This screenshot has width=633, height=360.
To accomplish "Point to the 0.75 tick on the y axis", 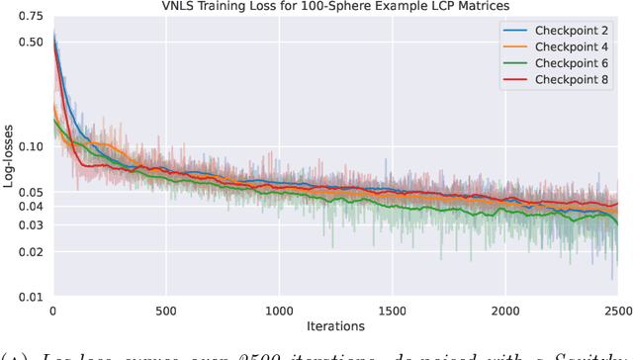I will tap(30, 17).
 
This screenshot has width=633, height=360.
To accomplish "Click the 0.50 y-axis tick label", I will tap(30, 43).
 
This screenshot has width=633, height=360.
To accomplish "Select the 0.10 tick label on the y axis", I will tap(30, 147).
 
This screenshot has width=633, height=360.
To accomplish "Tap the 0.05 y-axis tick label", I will tap(30, 192).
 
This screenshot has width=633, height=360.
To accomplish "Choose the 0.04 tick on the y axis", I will tap(30, 207).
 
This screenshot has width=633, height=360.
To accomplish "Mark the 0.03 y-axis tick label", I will tap(30, 225).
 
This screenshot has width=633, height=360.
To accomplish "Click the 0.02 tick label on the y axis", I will tap(30, 251).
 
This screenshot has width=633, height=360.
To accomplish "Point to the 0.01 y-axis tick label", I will tap(30, 297).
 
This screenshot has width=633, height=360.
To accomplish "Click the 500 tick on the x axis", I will tap(166, 310).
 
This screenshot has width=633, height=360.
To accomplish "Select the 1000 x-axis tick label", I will tap(279, 310).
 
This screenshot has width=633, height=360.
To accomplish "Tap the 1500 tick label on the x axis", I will tap(393, 310).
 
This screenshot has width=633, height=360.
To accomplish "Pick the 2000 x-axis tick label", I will tap(505, 310).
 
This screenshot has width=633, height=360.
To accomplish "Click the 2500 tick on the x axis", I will tap(617, 310).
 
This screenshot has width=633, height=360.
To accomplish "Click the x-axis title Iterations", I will tap(335, 326).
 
